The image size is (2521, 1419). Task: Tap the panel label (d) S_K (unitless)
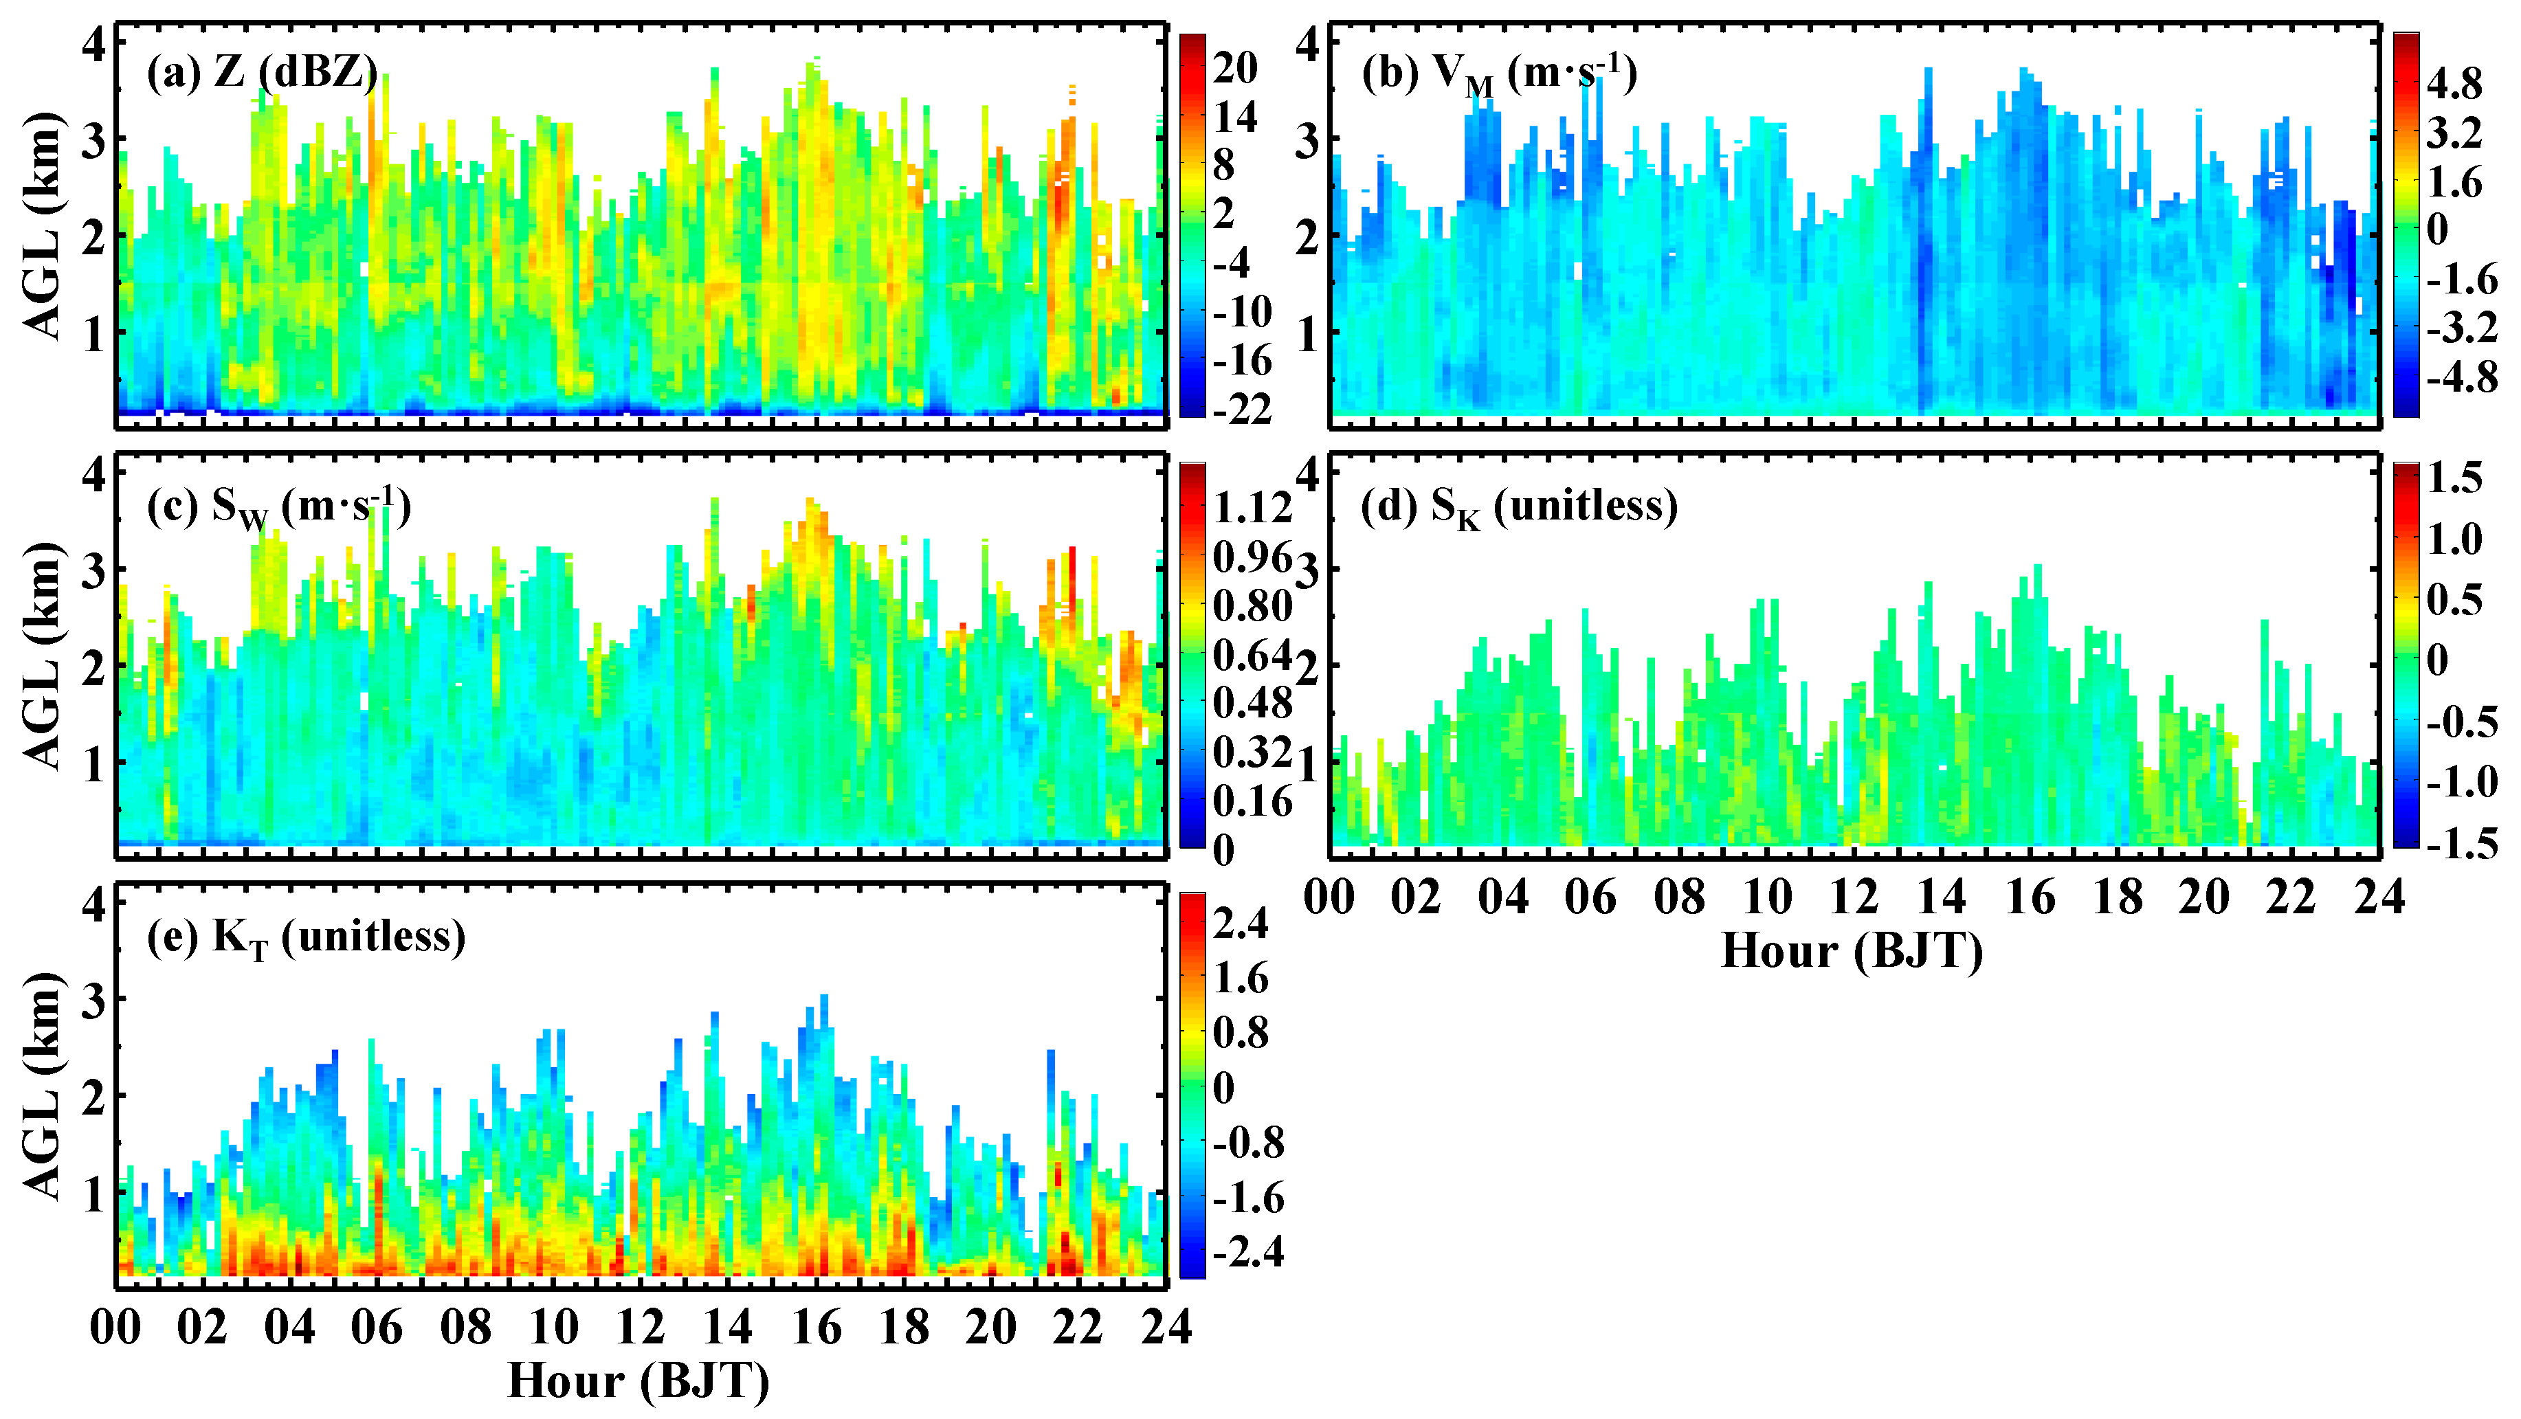(1519, 507)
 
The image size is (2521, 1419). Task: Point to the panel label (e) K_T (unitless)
(305, 937)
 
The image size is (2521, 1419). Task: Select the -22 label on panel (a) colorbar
(1241, 409)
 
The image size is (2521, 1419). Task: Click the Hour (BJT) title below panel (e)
(639, 1381)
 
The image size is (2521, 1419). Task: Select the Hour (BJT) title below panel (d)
(1852, 950)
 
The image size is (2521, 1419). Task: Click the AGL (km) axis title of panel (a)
(43, 227)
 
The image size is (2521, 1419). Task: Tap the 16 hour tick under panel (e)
(817, 1327)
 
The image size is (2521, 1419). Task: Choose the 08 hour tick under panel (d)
(1679, 897)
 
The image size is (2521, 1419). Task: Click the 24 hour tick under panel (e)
(1166, 1327)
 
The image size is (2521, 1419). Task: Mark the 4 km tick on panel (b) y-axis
(1307, 44)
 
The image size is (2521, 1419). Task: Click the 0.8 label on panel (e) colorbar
(1240, 1032)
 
